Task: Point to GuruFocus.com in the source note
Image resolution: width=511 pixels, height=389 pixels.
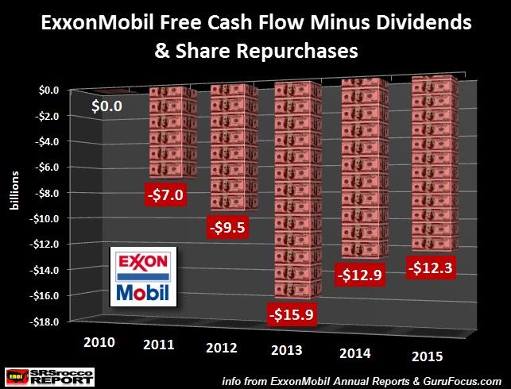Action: coord(464,379)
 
